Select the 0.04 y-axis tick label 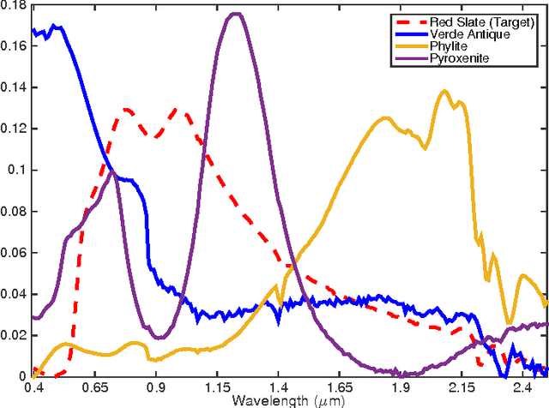15,294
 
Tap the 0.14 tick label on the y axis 15,88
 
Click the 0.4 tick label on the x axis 34,387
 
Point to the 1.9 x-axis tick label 401,387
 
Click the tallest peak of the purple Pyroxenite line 237,14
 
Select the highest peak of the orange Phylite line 443,90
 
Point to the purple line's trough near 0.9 158,338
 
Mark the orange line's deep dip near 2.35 510,324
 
